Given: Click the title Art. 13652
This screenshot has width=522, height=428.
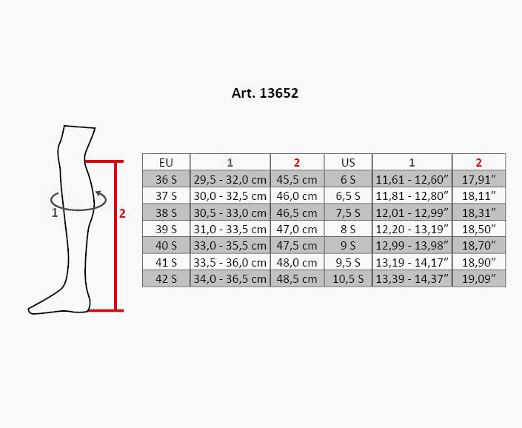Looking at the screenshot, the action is tap(264, 93).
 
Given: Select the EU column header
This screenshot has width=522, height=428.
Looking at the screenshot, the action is tap(166, 162).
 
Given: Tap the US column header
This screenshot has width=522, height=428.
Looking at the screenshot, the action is tap(348, 162).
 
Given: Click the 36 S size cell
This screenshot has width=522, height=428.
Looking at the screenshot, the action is tap(166, 179).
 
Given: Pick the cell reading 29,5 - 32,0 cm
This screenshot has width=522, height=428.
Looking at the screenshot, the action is tap(230, 179).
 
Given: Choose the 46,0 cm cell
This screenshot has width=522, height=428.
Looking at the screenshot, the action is tap(297, 196).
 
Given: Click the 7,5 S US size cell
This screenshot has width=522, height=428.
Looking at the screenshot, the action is tap(348, 213).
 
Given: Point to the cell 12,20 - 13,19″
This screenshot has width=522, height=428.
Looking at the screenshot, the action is tap(412, 229).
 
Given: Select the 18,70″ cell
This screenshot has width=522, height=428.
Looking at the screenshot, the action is tap(479, 246).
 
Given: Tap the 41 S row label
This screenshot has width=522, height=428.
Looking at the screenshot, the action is tap(166, 262).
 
